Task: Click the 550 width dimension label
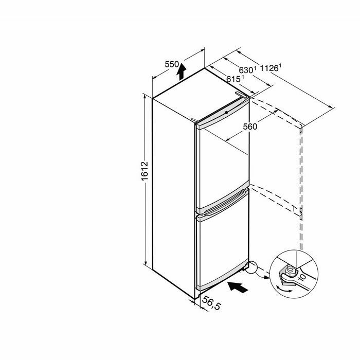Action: pyautogui.click(x=172, y=64)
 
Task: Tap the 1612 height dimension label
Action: pyautogui.click(x=145, y=171)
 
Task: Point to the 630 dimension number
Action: pyautogui.click(x=246, y=70)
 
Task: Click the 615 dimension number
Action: pyautogui.click(x=233, y=79)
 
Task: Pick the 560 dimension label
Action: pyautogui.click(x=250, y=127)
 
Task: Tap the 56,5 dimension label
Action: pyautogui.click(x=211, y=303)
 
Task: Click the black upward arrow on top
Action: pyautogui.click(x=182, y=71)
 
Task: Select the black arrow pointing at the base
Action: pyautogui.click(x=238, y=287)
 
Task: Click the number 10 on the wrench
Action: pyautogui.click(x=302, y=277)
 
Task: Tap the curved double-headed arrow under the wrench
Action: pyautogui.click(x=284, y=289)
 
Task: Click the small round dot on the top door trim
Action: pyautogui.click(x=226, y=113)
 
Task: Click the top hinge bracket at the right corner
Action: pyautogui.click(x=241, y=95)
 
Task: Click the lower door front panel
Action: pyautogui.click(x=222, y=248)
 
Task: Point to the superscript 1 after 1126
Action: pyautogui.click(x=280, y=66)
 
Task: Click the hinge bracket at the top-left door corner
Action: pyautogui.click(x=194, y=120)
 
